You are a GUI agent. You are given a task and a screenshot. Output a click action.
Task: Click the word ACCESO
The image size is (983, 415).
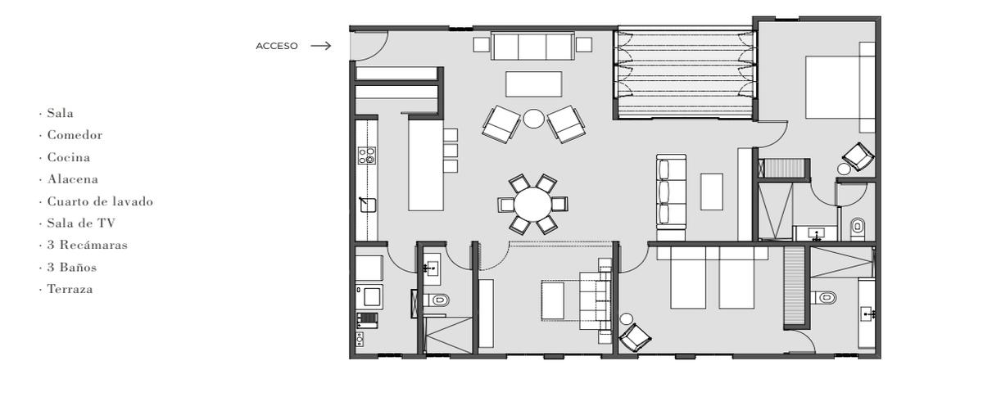click(x=277, y=46)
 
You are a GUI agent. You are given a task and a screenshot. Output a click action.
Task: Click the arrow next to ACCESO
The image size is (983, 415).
click(x=320, y=46)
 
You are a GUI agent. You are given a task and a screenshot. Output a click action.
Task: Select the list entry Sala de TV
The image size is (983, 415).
click(x=81, y=223)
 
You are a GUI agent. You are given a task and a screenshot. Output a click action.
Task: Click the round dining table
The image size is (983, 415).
click(x=532, y=204)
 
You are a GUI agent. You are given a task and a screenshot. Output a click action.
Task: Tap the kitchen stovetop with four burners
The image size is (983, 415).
click(x=367, y=156)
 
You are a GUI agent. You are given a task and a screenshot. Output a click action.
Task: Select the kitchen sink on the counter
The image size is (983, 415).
click(x=367, y=205)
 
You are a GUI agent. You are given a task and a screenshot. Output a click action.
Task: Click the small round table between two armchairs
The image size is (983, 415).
click(x=533, y=119)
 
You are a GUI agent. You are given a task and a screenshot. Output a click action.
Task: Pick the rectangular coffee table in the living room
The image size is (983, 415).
click(x=533, y=84)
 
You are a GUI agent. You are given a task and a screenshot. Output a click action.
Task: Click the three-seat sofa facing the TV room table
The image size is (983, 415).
click(x=671, y=192)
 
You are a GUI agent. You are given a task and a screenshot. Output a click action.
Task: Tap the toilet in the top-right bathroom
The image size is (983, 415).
click(x=858, y=228)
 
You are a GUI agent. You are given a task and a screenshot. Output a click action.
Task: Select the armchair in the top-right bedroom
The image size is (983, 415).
click(x=858, y=156)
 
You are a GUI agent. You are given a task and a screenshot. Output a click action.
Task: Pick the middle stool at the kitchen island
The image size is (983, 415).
click(x=451, y=151)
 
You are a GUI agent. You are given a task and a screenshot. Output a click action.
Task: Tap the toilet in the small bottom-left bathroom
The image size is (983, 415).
click(x=436, y=300)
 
